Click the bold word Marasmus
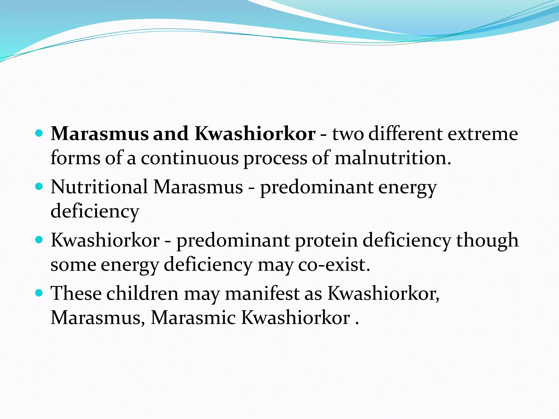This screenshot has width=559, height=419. click(100, 134)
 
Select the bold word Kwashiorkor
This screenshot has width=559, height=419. click(255, 134)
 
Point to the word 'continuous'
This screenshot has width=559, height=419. click(190, 158)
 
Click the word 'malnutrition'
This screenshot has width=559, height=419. click(393, 158)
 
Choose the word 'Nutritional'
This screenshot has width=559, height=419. click(99, 187)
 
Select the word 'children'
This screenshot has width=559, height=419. click(142, 294)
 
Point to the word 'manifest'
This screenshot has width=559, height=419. click(262, 294)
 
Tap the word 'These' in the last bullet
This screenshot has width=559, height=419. click(76, 294)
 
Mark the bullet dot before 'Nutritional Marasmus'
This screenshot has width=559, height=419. click(39, 187)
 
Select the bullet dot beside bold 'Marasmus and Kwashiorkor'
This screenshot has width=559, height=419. click(39, 134)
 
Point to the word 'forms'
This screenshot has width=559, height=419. click(75, 158)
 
